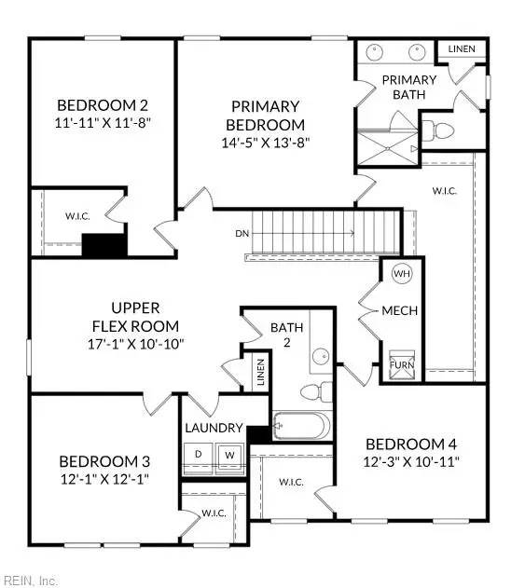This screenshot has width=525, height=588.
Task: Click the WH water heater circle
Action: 402,274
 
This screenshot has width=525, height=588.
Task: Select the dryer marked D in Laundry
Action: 199,455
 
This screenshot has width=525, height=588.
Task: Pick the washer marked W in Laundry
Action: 228,455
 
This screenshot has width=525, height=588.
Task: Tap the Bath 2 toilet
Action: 323,390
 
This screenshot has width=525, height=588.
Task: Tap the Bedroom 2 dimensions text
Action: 104,122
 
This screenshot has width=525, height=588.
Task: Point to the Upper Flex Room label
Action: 136,316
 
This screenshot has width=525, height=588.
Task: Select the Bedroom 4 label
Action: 411,444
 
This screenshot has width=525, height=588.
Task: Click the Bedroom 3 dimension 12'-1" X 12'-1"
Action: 104,478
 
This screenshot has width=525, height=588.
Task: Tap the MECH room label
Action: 400,310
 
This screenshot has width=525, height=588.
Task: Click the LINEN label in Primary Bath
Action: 461,48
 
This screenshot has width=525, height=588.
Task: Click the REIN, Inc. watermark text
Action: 30,580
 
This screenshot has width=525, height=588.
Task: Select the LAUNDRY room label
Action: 214,428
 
